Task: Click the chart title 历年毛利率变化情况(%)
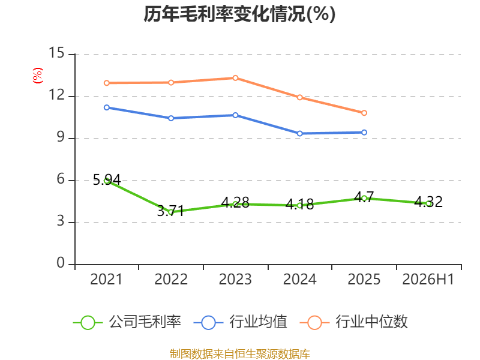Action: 239,14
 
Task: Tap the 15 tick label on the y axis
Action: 56,53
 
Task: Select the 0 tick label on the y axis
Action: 61,263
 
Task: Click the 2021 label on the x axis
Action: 106,279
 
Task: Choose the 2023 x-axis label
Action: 235,279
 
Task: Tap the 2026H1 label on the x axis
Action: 428,279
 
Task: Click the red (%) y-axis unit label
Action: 38,76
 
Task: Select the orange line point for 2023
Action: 235,78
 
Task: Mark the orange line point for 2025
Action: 364,113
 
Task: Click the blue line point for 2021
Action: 107,107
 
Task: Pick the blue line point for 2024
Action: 299,133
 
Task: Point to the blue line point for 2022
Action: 171,118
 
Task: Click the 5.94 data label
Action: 107,179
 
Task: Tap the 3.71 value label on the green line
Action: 171,211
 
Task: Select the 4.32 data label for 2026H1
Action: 428,202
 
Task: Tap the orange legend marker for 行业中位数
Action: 314,323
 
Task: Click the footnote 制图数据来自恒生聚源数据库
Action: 239,354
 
